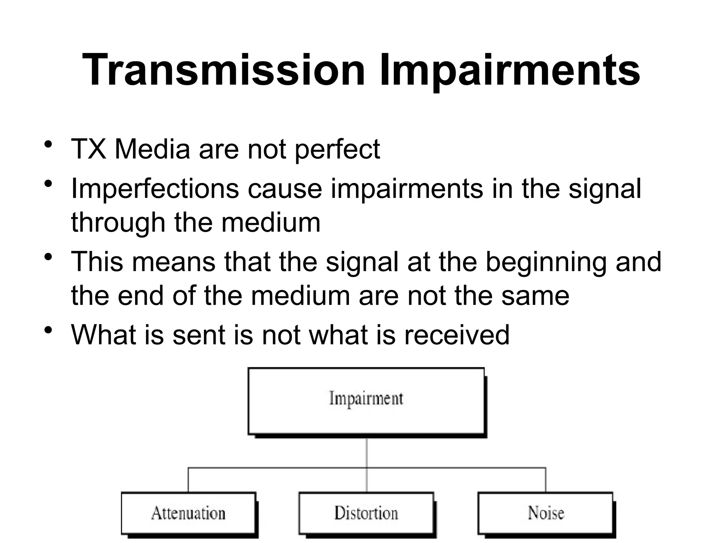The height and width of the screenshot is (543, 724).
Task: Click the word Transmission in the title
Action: click(x=223, y=70)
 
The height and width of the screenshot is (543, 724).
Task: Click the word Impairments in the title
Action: click(x=509, y=70)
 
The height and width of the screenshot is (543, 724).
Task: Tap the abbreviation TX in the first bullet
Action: click(x=88, y=149)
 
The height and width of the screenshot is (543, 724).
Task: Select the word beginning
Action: click(x=547, y=262)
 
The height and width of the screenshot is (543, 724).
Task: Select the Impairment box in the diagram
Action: click(x=366, y=401)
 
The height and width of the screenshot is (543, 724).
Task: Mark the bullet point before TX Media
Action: click(x=48, y=145)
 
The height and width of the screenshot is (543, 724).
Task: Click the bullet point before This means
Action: click(x=48, y=257)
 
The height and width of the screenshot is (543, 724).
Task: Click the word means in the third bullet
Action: click(x=174, y=262)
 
